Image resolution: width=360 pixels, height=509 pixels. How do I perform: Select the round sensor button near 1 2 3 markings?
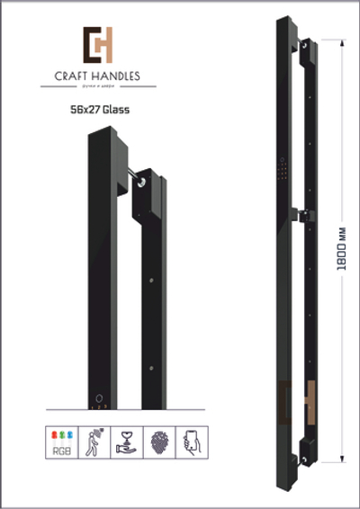click(x=99, y=397)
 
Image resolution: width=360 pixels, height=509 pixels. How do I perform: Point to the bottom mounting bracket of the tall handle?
click(x=307, y=451)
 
